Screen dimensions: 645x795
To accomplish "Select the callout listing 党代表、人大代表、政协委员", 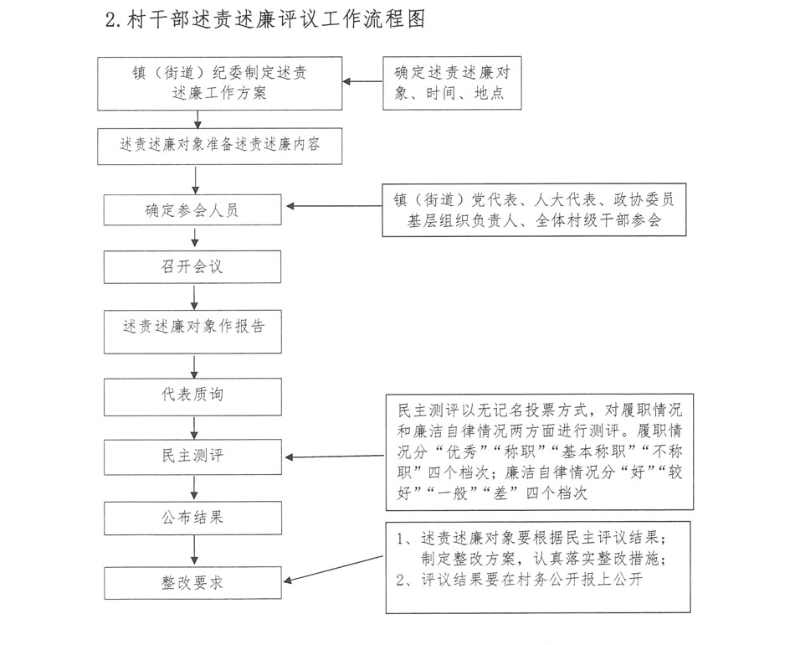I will tap(535, 210).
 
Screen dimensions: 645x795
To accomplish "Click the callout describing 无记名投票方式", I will tap(540, 451).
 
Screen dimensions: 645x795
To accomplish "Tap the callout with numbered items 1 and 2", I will tap(540, 566).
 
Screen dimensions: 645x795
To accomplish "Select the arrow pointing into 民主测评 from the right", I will tap(335, 457).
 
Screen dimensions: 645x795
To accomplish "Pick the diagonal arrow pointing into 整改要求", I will tap(335, 570).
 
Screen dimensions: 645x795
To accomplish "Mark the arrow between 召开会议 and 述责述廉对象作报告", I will tap(194, 297).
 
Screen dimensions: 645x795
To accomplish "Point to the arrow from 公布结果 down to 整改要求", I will tap(194, 550).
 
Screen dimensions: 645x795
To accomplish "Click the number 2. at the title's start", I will tap(114, 19).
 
